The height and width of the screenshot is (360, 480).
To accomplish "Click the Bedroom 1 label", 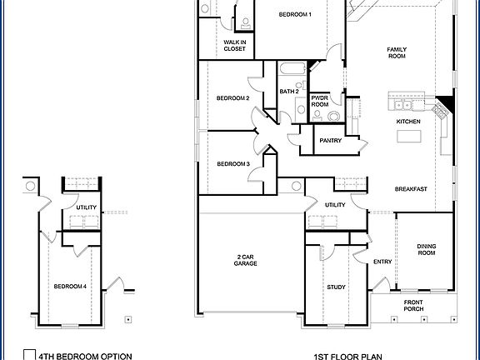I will coord(295,15).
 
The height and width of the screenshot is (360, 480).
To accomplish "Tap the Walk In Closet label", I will coord(235,45).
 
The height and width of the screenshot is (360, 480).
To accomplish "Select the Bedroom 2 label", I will coord(233,98).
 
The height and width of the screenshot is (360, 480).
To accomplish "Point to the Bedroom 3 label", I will coord(233,164).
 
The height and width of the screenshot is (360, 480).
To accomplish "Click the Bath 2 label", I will coord(289,92).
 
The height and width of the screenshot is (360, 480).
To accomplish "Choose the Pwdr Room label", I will coord(320,101).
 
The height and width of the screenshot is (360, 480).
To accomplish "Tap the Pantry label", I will coord(331,141).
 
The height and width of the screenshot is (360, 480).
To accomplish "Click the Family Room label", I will coord(397,53).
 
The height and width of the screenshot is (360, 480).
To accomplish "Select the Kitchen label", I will coord(408,122).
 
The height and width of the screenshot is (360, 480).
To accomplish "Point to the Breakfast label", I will coord(411,189).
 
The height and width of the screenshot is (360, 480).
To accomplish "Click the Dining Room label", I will coord(426,249).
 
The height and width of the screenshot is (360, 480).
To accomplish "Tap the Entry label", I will coord(382,262).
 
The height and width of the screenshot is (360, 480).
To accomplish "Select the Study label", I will coord(336,287).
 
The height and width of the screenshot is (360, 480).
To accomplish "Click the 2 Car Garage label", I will coord(245,260).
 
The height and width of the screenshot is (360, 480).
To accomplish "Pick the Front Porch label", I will coord(414,305).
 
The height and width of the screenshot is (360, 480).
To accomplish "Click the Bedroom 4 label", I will coord(70,287).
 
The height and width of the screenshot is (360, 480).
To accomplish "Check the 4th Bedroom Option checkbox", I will coord(28,354).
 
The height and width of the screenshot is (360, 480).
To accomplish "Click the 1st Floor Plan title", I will coord(347,356).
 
